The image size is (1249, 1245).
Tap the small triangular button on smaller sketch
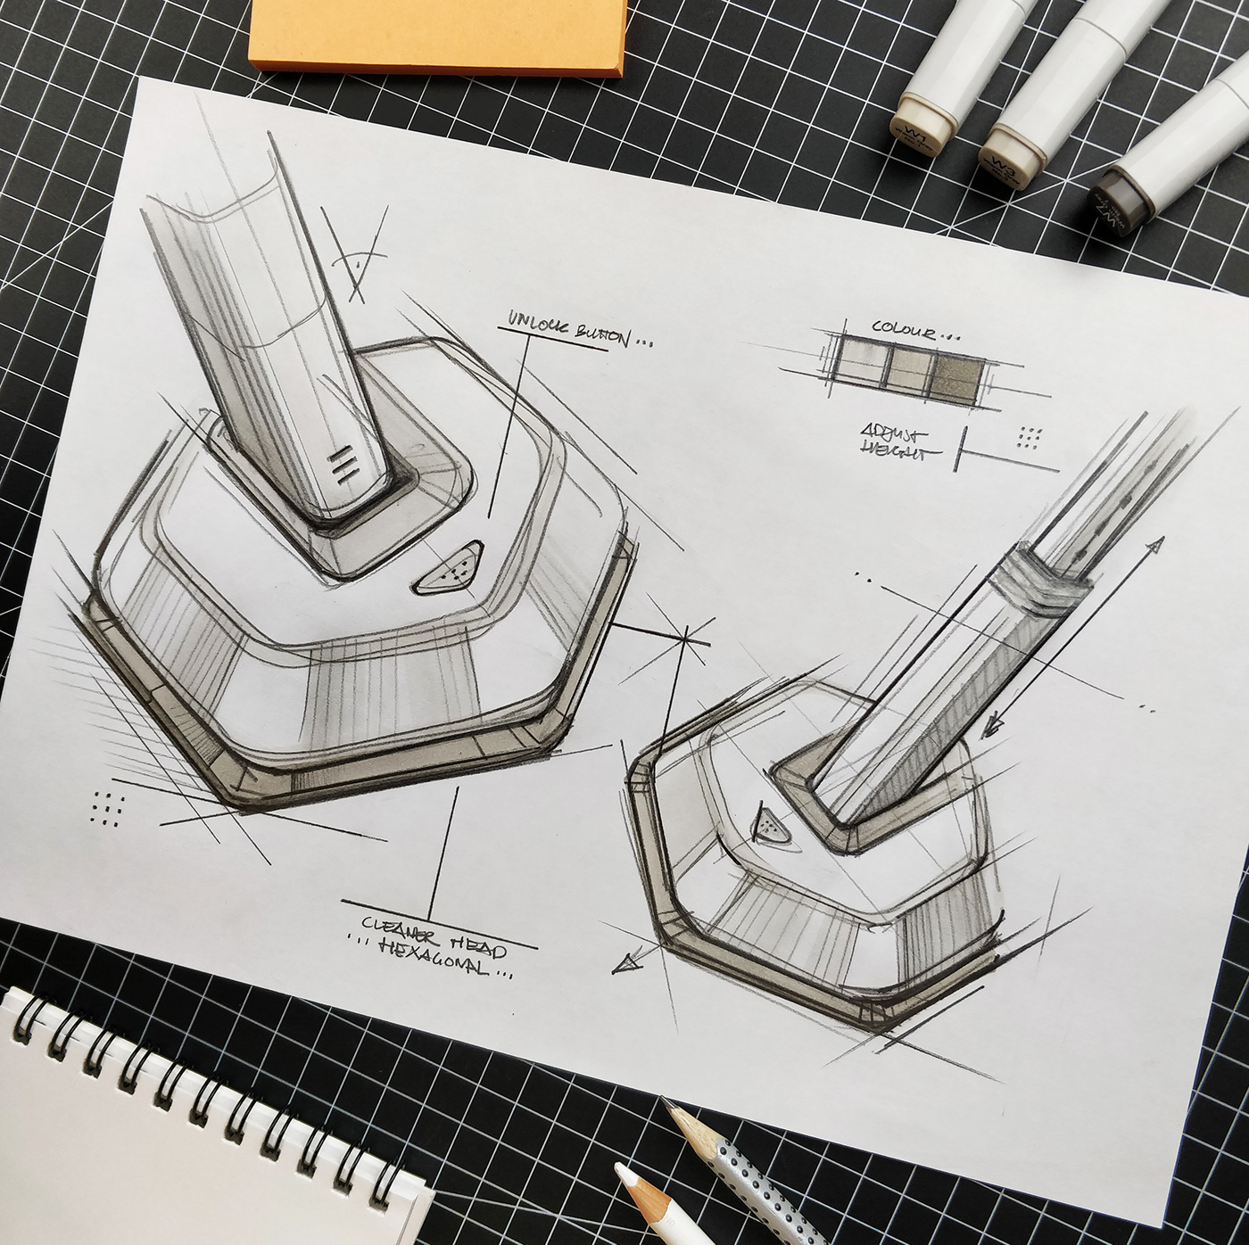767,822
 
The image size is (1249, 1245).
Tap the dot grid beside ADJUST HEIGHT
1030,438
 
